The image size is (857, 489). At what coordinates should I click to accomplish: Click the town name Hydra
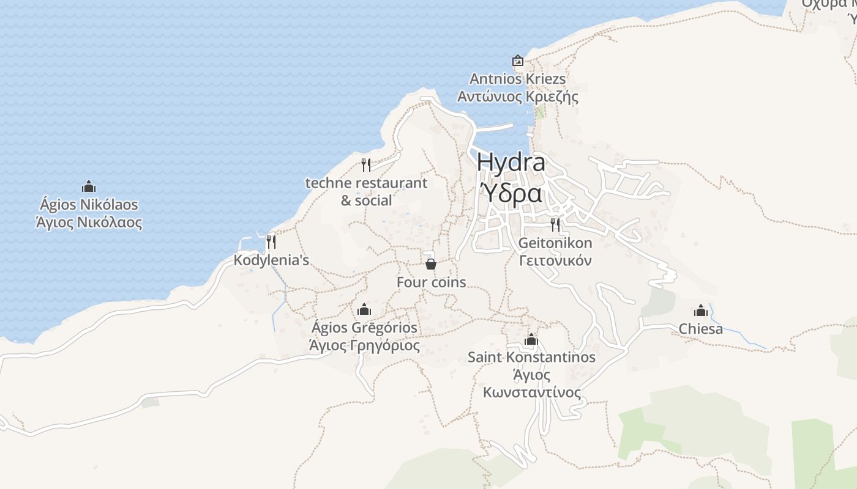coord(511,163)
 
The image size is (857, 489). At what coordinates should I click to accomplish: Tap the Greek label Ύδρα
coord(511,193)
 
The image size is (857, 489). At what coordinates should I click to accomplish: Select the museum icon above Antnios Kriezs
coord(518,61)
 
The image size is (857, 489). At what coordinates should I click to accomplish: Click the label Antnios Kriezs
coord(518,79)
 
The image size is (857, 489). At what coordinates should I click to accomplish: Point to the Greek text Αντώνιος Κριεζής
coord(518,97)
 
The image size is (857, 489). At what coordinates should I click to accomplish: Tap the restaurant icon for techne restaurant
coord(366,164)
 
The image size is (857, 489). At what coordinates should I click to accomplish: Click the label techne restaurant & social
coord(366,191)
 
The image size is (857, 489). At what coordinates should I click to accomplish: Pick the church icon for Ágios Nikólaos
coord(89,186)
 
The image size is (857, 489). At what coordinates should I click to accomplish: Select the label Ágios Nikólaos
coord(89,204)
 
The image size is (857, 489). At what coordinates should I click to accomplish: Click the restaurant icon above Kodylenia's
coord(271,242)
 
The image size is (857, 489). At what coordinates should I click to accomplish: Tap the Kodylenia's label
coord(271,260)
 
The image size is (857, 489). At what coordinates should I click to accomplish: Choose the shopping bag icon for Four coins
coord(431,264)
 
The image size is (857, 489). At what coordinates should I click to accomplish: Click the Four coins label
coord(431,282)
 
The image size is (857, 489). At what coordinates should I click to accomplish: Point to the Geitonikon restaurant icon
coord(555,224)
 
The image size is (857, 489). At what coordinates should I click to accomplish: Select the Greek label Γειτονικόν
coord(555,260)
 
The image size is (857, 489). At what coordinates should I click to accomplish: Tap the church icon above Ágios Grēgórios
coord(364,309)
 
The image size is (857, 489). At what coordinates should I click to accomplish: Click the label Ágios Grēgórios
coord(364,328)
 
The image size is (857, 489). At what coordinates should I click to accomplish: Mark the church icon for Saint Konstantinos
coord(531,339)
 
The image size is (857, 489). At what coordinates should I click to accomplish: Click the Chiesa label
coord(701,329)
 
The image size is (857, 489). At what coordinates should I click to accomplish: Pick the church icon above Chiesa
coord(701,311)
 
